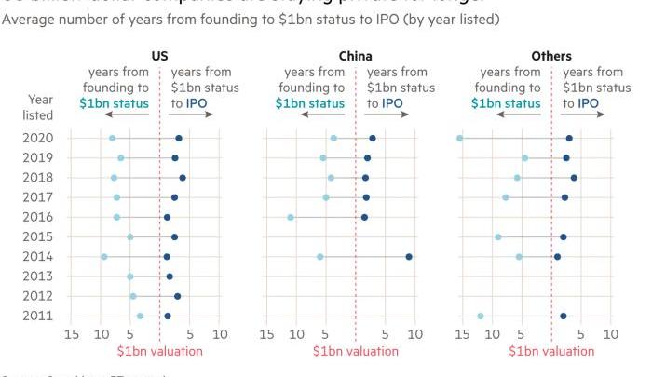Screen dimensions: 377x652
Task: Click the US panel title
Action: [159, 57]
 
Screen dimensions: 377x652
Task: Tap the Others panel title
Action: [552, 57]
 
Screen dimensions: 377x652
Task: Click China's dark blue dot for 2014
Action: [409, 256]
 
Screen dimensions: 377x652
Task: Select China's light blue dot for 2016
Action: [291, 217]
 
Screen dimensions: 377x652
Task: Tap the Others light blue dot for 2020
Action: [459, 138]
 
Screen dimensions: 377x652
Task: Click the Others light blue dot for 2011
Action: [481, 316]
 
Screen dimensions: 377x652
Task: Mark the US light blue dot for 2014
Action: [103, 256]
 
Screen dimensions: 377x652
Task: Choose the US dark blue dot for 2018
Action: [183, 177]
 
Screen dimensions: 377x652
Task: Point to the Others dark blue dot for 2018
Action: [574, 177]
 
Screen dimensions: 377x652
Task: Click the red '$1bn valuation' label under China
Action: [355, 351]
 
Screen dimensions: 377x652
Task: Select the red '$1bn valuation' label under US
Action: [159, 351]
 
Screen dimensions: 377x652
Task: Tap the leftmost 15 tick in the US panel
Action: [71, 333]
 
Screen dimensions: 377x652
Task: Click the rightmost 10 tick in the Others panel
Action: [611, 333]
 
